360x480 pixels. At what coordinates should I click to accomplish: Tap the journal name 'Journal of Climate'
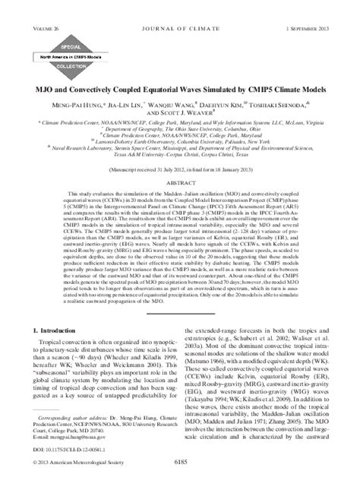pos(179,9)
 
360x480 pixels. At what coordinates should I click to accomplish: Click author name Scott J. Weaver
pos(180,107)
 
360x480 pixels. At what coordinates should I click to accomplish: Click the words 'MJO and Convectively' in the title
pos(80,83)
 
